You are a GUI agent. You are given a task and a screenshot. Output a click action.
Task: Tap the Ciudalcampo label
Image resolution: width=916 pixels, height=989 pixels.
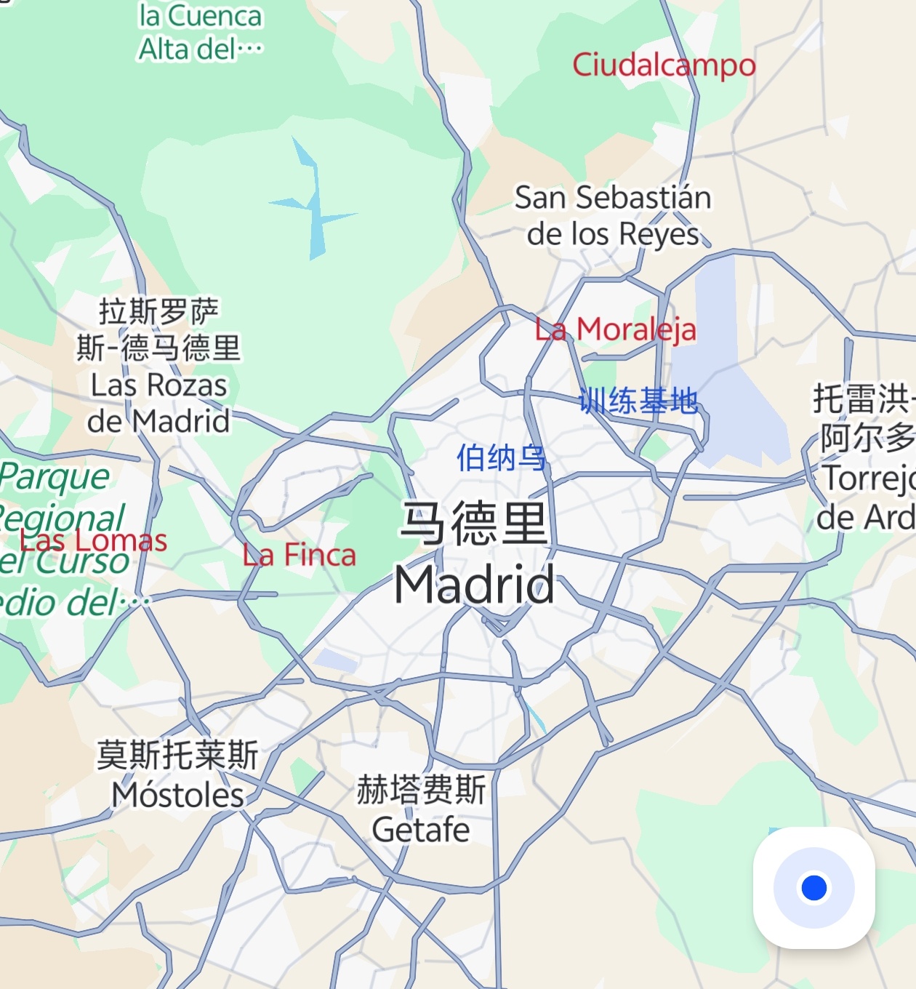(664, 65)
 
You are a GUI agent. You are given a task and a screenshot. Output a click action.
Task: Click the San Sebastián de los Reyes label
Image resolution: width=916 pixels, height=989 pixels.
(613, 215)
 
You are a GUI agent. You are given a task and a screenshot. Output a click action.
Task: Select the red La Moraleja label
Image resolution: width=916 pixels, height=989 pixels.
(616, 329)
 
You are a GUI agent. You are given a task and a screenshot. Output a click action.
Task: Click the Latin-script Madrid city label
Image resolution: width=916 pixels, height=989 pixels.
(474, 584)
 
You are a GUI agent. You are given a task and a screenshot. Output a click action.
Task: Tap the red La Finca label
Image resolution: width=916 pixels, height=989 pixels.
(300, 556)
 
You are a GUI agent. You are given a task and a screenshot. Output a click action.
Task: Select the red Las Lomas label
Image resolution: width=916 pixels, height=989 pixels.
(93, 541)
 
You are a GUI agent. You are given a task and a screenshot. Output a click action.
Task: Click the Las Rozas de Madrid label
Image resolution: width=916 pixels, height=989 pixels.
(158, 404)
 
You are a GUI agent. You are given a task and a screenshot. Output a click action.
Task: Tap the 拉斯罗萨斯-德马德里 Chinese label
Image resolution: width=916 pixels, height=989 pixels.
(158, 329)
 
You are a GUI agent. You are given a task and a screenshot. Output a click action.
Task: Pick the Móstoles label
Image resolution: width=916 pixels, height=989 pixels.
(178, 795)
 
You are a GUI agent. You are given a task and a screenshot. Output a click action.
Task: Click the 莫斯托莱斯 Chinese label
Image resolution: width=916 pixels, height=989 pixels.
(178, 756)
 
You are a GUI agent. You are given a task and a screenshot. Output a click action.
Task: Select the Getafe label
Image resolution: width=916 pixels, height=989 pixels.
(421, 830)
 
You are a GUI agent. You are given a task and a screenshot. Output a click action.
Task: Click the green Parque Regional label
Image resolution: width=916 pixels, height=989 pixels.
(62, 497)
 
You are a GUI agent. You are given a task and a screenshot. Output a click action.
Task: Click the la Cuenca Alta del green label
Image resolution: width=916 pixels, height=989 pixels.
(200, 33)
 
